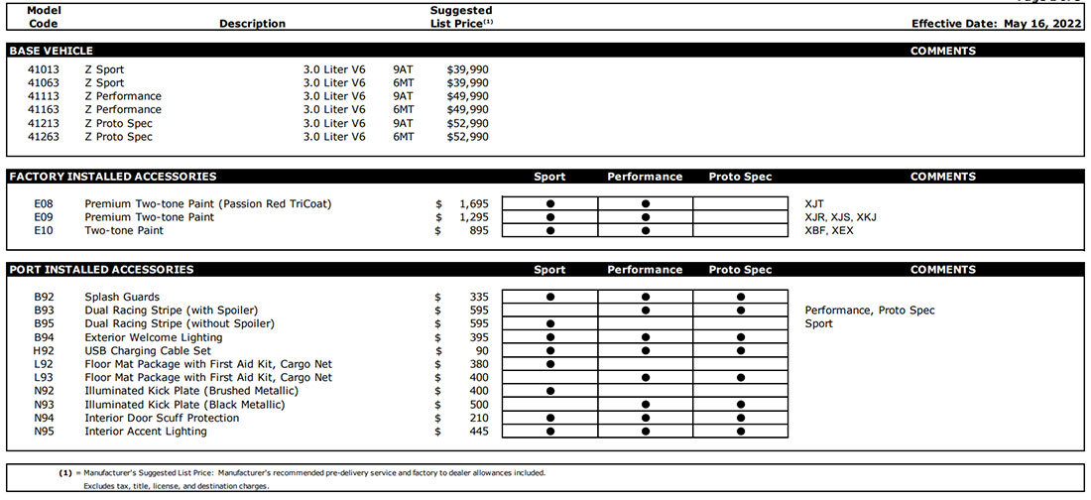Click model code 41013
point(44,69)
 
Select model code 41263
point(44,137)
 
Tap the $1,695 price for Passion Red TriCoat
point(475,203)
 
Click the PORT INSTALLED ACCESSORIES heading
point(100,270)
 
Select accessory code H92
point(44,351)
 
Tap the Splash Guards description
point(122,297)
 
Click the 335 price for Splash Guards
point(479,297)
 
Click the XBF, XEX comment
point(829,230)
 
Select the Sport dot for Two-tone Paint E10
point(549,230)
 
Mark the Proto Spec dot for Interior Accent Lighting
point(741,432)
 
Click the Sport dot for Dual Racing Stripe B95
point(549,323)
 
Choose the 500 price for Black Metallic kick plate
point(479,405)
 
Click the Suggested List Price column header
point(461,17)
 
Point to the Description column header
point(252,24)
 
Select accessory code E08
point(44,203)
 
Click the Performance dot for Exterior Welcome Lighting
point(646,337)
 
